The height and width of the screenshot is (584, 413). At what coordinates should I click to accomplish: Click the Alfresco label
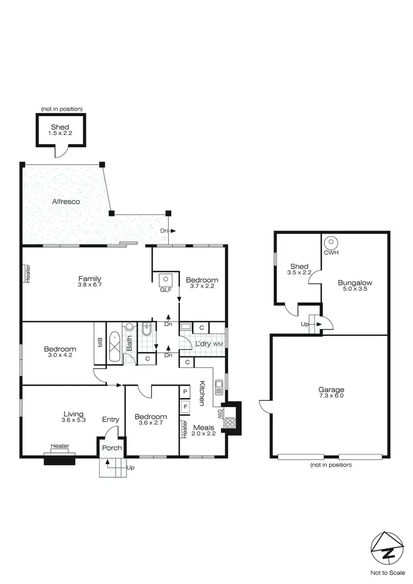[x=66, y=202]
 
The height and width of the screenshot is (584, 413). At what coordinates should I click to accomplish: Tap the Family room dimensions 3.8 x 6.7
[x=89, y=286]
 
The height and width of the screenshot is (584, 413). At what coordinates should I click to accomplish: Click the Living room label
[x=73, y=414]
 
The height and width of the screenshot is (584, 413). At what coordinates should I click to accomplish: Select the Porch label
[x=112, y=448]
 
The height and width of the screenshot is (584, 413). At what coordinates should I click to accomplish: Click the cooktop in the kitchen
[x=230, y=423]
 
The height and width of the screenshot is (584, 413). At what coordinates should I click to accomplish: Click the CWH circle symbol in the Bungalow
[x=330, y=242]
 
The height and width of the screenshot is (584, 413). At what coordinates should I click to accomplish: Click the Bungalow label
[x=355, y=283]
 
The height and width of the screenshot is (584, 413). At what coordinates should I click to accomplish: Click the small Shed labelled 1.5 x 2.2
[x=61, y=131]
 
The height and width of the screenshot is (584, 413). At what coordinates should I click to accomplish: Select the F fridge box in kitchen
[x=186, y=407]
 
